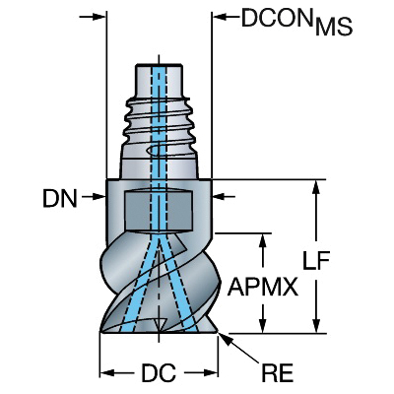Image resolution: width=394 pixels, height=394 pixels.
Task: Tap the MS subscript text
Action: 334,27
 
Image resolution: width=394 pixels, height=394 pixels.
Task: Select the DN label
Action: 60,199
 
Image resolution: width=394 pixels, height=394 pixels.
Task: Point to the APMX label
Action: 263,287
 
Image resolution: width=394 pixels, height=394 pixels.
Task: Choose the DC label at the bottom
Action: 159,373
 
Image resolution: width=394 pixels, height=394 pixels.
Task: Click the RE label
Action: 277,373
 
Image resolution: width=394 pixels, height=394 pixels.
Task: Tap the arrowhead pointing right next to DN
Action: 99,197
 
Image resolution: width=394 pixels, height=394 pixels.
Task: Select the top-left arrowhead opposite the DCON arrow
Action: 99,17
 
